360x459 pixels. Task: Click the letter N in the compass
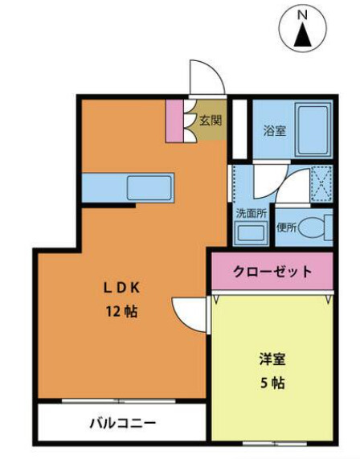tap(302, 14)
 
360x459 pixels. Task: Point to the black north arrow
tap(303, 36)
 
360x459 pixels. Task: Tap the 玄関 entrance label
tap(211, 121)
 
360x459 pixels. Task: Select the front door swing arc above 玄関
tap(202, 78)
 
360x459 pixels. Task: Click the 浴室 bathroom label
tap(275, 131)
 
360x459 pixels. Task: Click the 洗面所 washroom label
tap(249, 214)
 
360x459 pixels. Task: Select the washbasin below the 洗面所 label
tap(251, 234)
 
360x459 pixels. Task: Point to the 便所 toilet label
tap(287, 227)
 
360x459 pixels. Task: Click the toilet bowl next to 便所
tap(317, 227)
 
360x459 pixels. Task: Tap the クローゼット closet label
tap(272, 272)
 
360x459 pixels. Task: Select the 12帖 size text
tap(120, 310)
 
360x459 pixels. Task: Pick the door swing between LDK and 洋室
tap(189, 312)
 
